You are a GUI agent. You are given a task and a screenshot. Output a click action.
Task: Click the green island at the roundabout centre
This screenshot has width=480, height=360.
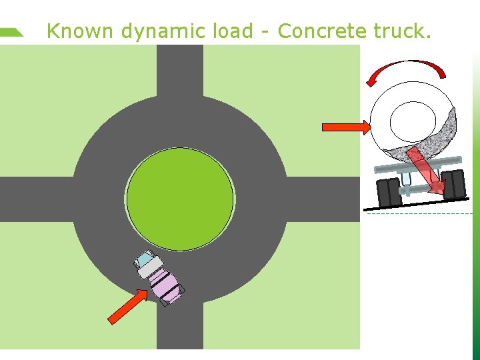pos(180,199)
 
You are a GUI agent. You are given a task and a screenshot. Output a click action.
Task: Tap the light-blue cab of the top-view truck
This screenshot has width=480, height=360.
pos(145,260)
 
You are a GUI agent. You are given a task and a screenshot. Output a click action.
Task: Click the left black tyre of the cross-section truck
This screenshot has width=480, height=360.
pos(387,193)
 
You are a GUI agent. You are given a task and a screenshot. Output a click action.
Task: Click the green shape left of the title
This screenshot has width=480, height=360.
pos(11,32)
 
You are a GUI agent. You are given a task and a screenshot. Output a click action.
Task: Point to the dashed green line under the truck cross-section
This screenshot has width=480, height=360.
pos(420,214)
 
